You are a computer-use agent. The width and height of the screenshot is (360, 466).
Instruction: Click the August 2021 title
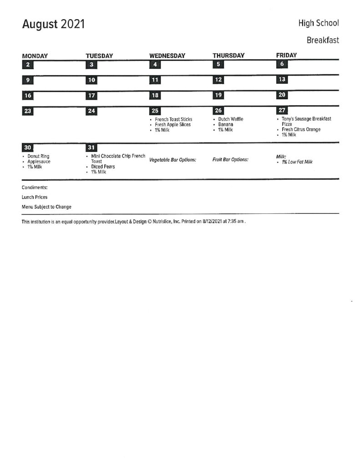(53, 24)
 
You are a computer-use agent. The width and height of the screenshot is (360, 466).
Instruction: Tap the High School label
(319, 23)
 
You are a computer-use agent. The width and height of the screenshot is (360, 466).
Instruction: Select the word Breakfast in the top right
(323, 40)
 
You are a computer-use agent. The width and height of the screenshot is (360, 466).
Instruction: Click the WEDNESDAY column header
(167, 56)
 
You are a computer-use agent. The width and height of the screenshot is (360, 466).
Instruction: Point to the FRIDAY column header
(286, 55)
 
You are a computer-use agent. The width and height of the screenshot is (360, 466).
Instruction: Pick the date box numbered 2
(28, 65)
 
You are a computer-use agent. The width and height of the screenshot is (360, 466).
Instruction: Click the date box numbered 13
(282, 80)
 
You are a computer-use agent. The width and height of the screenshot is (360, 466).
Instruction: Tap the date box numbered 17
(91, 96)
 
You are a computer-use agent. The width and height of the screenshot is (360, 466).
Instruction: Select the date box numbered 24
(91, 111)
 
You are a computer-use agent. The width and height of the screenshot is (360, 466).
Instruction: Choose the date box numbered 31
(91, 148)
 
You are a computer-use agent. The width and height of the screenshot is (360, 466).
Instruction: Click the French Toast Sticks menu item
(173, 119)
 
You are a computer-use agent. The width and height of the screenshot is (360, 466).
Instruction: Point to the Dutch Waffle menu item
(231, 119)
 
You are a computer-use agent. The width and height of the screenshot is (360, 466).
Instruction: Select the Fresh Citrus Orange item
(301, 129)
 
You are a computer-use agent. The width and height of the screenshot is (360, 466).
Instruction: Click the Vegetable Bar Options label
(172, 160)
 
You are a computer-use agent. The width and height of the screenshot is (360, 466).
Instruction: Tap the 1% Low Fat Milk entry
(297, 162)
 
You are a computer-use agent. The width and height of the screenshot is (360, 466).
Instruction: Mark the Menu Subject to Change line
(46, 207)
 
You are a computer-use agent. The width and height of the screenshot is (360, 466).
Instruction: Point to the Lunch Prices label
(35, 197)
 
